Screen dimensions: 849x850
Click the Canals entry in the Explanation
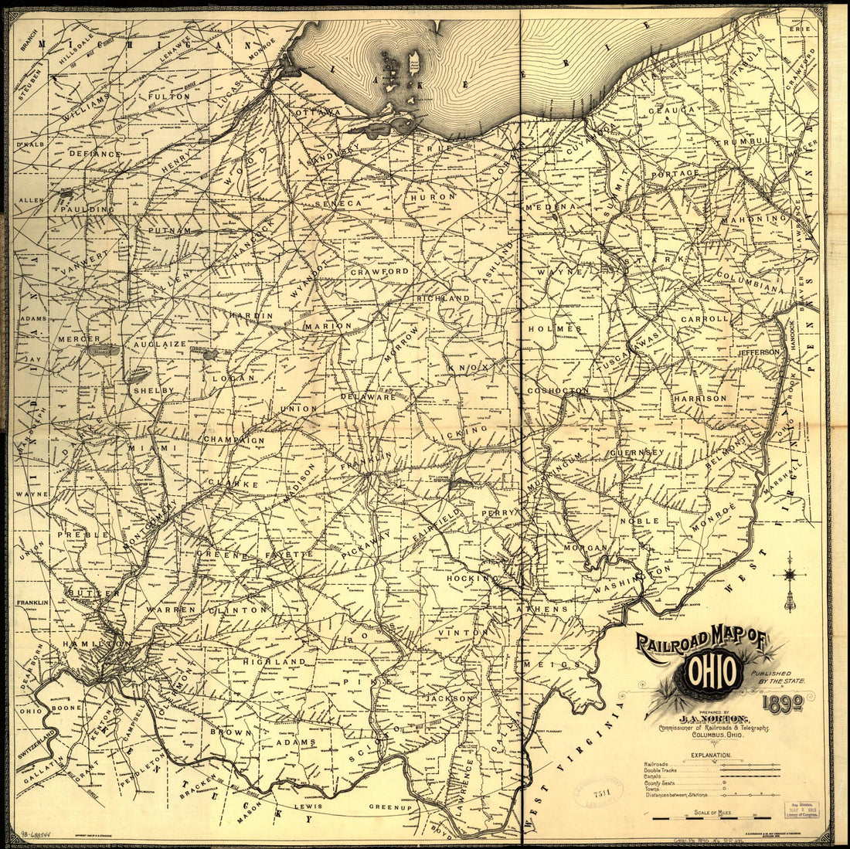(x=657, y=776)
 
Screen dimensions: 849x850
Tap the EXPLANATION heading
(x=705, y=754)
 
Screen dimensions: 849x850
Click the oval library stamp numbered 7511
(x=599, y=794)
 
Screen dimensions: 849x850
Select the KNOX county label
(x=468, y=368)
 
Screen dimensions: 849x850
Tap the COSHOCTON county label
(x=558, y=391)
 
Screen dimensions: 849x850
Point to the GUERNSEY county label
(x=638, y=452)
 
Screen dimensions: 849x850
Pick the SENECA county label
(x=338, y=202)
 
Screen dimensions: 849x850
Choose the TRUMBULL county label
(x=746, y=141)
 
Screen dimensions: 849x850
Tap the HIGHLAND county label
(x=274, y=662)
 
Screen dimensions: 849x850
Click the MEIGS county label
(x=561, y=664)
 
